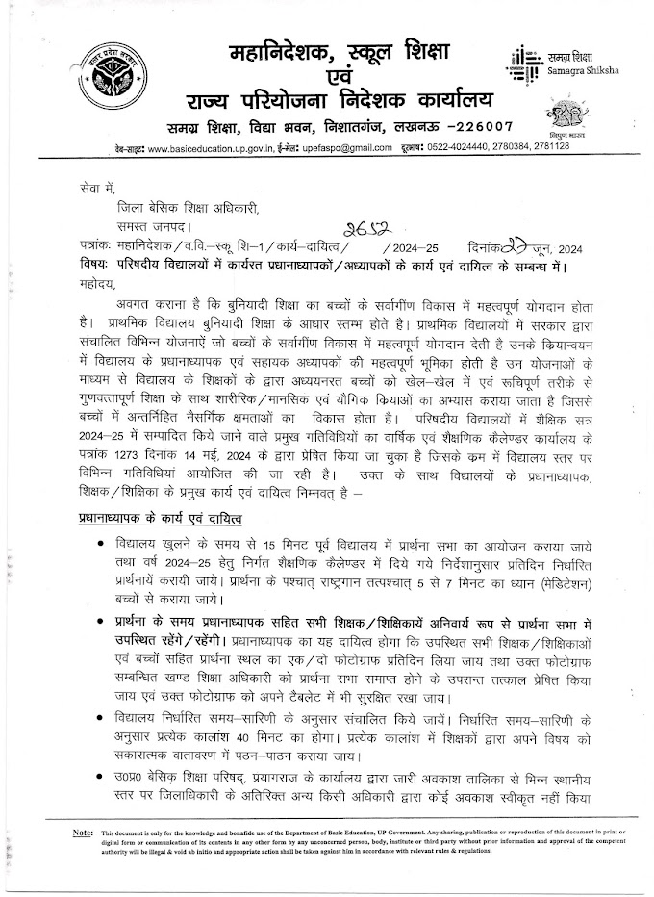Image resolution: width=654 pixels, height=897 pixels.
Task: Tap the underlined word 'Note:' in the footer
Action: click(x=82, y=831)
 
